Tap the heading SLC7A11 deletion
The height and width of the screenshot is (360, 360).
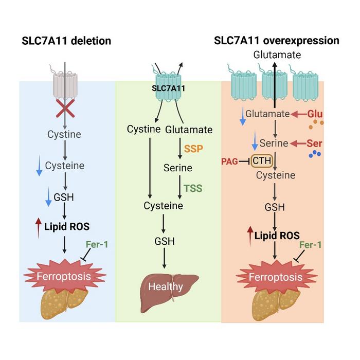point(66,41)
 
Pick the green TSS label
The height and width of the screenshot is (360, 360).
point(194,188)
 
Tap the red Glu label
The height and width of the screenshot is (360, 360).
point(314,113)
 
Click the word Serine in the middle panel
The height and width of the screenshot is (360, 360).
point(177,168)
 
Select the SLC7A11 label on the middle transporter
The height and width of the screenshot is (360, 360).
point(169,88)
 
